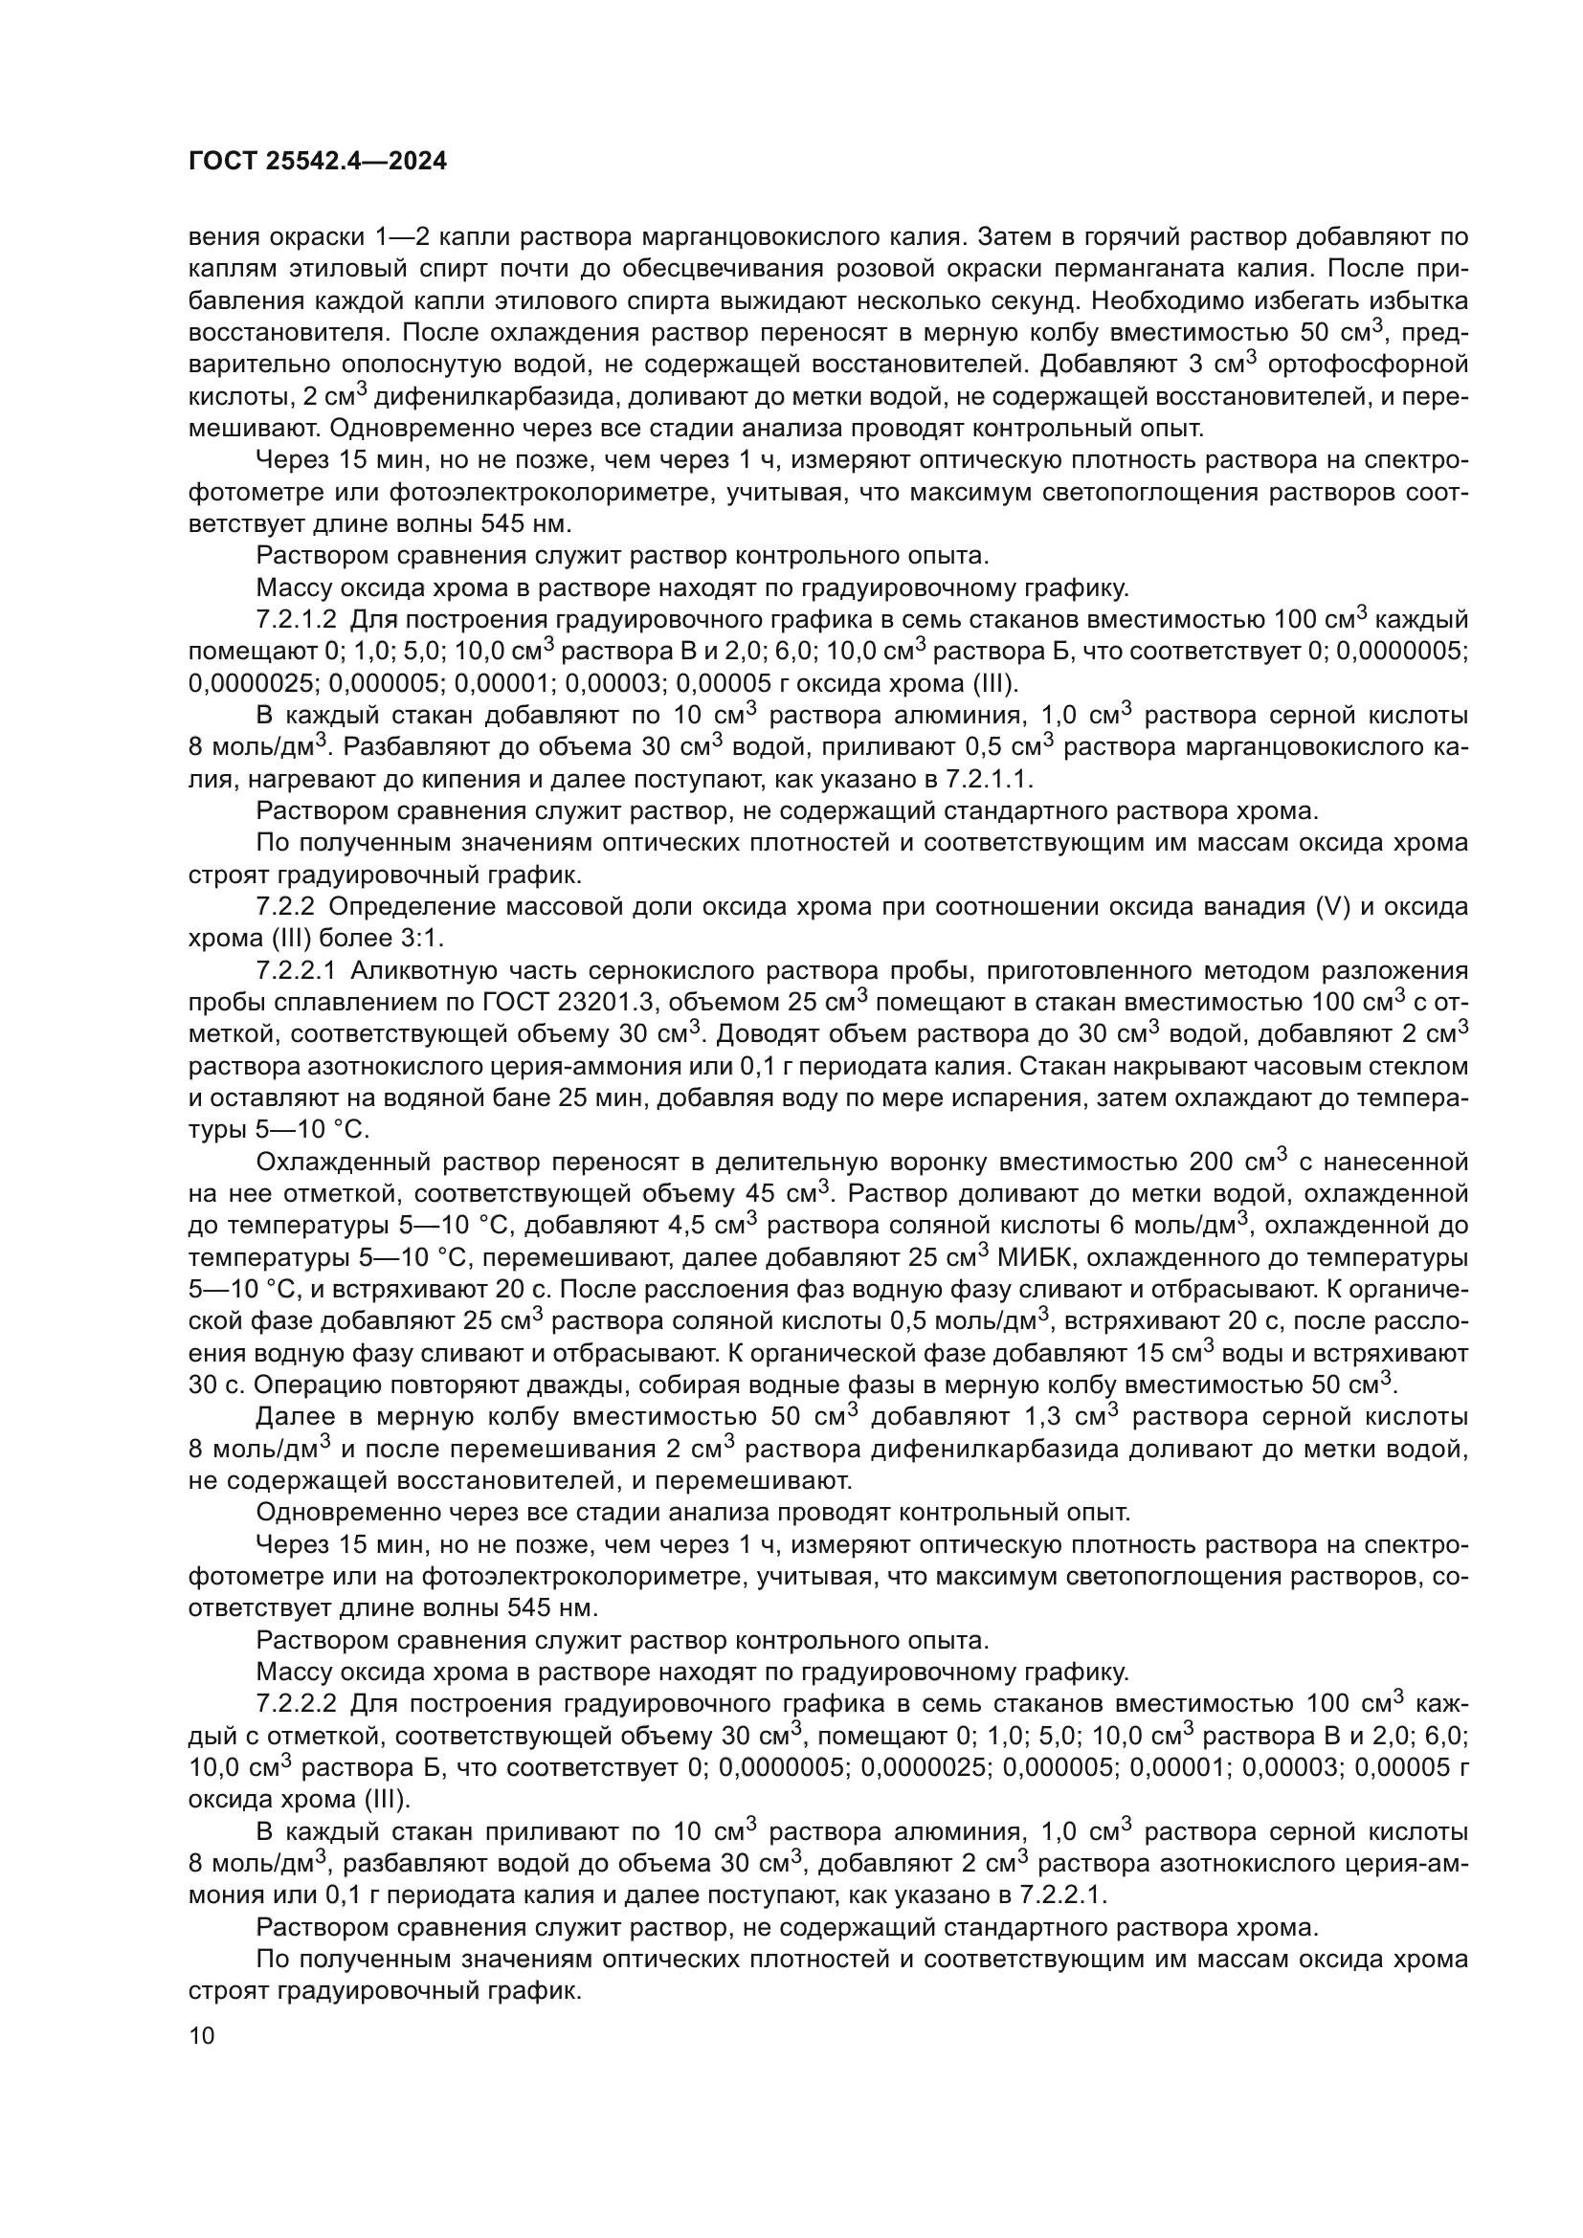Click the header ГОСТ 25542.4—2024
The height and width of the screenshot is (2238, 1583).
click(317, 162)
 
